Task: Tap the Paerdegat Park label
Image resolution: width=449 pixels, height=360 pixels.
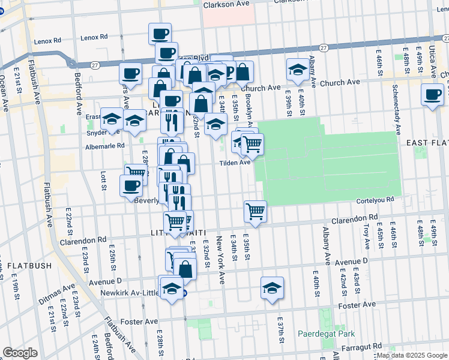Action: [327, 334]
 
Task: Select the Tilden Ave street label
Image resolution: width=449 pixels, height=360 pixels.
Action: [235, 163]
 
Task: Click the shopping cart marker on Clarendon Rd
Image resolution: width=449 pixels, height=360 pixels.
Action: [255, 211]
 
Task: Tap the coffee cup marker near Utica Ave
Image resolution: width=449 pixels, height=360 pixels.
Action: [432, 95]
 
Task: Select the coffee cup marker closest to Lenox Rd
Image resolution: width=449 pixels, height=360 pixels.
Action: [160, 34]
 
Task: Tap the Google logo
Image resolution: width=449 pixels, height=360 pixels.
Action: [20, 352]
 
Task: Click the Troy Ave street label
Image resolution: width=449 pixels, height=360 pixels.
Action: [366, 236]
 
